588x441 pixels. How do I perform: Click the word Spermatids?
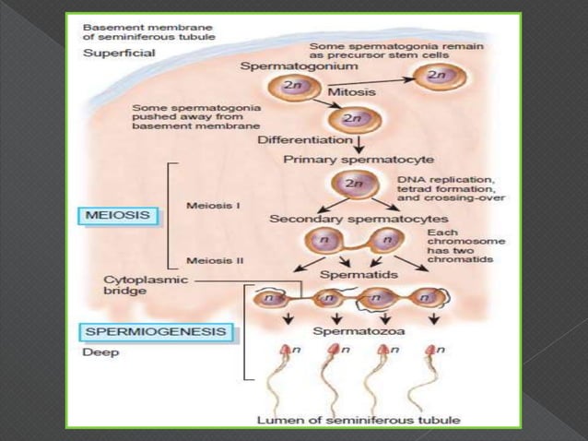click(x=346, y=275)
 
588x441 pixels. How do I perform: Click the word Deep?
click(x=97, y=352)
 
